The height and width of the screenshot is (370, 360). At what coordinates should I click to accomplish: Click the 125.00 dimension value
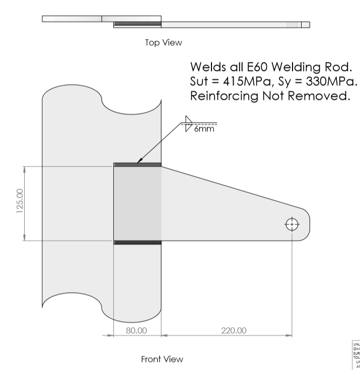(x=20, y=202)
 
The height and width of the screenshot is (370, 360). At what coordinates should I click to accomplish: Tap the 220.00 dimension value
(x=234, y=331)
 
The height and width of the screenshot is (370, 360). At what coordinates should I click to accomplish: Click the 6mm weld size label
(x=203, y=129)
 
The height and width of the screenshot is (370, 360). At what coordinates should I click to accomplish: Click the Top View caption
(x=163, y=43)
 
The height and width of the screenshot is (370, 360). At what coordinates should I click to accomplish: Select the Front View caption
(x=162, y=359)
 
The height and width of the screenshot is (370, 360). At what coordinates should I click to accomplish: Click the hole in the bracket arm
(x=292, y=225)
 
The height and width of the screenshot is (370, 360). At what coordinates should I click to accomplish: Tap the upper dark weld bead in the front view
(x=137, y=165)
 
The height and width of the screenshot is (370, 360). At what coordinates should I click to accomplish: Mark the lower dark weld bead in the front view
(x=137, y=243)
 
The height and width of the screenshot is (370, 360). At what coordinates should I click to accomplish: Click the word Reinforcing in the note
(x=225, y=97)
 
